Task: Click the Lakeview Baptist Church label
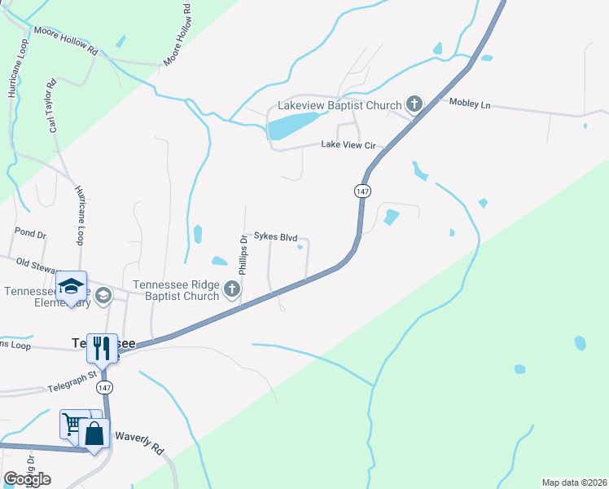(x=340, y=105)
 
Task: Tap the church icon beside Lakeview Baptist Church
(x=414, y=104)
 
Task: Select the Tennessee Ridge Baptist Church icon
(x=232, y=289)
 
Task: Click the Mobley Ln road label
(x=470, y=104)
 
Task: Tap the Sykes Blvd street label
(x=275, y=237)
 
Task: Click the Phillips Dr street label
(x=243, y=253)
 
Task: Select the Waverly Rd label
(x=140, y=438)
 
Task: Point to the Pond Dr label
(x=32, y=233)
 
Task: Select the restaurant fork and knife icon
(x=102, y=348)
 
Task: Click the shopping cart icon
(x=72, y=424)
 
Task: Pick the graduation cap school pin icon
(x=72, y=286)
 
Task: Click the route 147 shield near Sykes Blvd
(x=362, y=190)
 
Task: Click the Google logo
(x=27, y=478)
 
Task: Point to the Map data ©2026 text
(x=573, y=482)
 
